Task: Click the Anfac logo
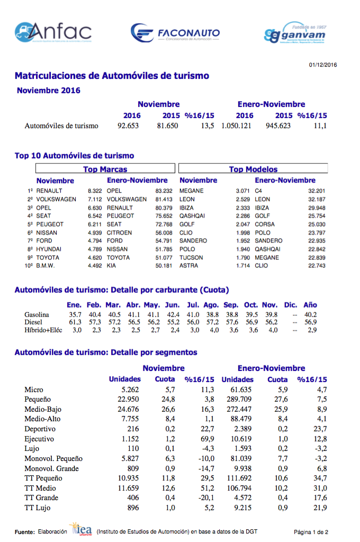point(53,32)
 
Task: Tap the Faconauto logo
point(175,33)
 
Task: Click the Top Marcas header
point(105,169)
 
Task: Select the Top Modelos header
point(253,169)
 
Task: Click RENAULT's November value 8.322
point(95,191)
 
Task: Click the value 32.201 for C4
point(317,191)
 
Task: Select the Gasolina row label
point(37,315)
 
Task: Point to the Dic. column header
point(291,305)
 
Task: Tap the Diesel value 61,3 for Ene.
point(75,322)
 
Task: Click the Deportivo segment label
point(40,429)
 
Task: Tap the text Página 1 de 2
point(311,532)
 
